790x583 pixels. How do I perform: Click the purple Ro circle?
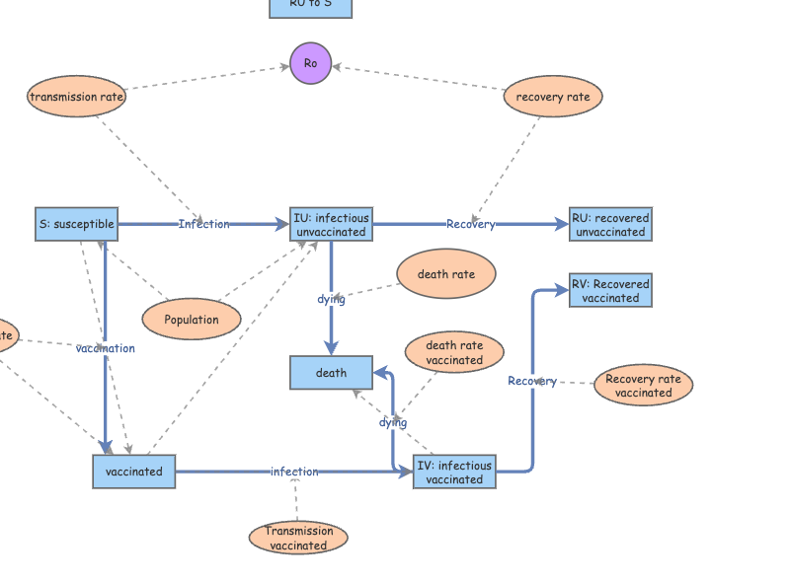coord(311,63)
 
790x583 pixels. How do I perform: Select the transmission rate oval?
coord(76,97)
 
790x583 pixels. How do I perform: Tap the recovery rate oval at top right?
coord(553,97)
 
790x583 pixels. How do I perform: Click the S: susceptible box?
coord(76,224)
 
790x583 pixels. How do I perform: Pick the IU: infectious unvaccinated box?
coord(331,225)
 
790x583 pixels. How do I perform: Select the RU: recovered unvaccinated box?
coord(610,225)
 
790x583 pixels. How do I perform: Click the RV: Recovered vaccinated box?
coord(610,291)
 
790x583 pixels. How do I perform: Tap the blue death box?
coord(331,373)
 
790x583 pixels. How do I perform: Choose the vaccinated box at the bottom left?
coord(133,472)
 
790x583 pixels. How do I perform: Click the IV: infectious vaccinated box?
coord(454,472)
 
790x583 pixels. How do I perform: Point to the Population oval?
coord(192,320)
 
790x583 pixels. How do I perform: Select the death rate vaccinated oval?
coord(454,352)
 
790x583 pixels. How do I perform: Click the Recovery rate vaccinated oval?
coord(643,385)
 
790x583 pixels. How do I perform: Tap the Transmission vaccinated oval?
coord(298,538)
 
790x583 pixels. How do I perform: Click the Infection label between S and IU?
coord(203,224)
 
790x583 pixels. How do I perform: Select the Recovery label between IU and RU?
coord(470,224)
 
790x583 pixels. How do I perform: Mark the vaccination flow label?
coord(106,348)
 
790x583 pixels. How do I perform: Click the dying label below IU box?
coord(331,299)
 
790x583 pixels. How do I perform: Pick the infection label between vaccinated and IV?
coord(294,472)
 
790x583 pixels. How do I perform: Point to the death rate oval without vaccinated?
coord(445,275)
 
